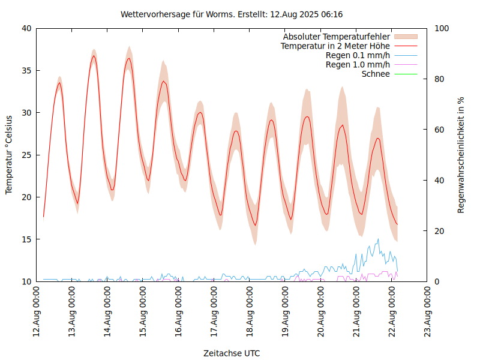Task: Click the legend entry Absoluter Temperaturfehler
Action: (x=336, y=37)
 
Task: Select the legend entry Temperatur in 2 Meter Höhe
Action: (x=335, y=46)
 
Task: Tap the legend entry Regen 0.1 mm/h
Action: (x=358, y=55)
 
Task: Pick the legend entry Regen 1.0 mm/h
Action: (x=358, y=64)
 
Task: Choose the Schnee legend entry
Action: (x=376, y=74)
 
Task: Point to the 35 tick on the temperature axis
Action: (x=26, y=70)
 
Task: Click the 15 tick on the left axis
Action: (x=26, y=239)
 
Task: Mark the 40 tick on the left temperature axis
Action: (x=26, y=28)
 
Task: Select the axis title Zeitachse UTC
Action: (x=232, y=353)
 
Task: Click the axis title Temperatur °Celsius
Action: (x=9, y=155)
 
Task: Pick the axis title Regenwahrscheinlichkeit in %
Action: (x=461, y=155)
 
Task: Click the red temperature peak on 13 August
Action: (x=94, y=56)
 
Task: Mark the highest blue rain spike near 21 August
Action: (x=378, y=239)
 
